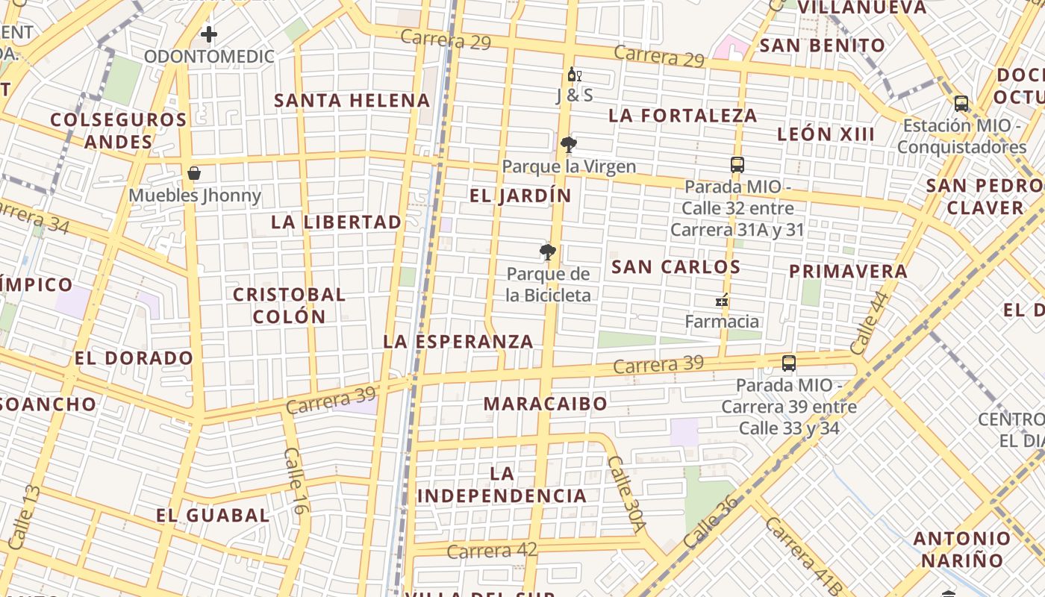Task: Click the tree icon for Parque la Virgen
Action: [x=569, y=144]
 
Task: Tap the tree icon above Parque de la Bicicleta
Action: [x=548, y=251]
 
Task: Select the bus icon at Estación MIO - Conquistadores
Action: [x=961, y=104]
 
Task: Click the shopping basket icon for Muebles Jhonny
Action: [x=194, y=174]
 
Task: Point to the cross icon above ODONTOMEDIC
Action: [x=209, y=34]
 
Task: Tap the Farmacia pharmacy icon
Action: [x=722, y=300]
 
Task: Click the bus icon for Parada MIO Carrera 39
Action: [x=789, y=363]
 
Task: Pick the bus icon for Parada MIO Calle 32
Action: [x=737, y=165]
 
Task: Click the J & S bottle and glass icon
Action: [x=574, y=75]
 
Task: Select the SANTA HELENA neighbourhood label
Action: [x=352, y=101]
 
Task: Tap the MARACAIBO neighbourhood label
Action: [x=546, y=404]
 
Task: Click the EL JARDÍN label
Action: [x=520, y=196]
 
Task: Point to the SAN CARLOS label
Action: [x=676, y=267]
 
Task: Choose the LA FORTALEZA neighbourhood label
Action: [x=683, y=116]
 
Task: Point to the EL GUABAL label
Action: [x=213, y=515]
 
